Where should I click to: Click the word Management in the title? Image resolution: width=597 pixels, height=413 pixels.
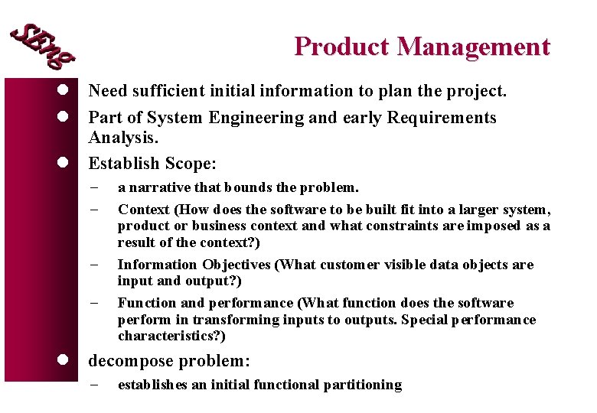(x=473, y=47)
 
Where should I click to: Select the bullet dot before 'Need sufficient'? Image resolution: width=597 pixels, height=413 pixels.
(x=65, y=91)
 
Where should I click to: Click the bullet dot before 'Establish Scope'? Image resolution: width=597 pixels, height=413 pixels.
(x=65, y=163)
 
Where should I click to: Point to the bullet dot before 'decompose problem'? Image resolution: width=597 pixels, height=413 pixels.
(x=65, y=360)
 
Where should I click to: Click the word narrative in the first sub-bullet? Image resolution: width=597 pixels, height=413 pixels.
(x=158, y=187)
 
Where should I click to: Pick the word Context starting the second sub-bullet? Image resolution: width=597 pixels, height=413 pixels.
(x=143, y=210)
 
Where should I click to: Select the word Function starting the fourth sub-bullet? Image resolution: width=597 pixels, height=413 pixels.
(x=145, y=303)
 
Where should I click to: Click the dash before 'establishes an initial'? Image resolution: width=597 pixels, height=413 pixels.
(x=94, y=385)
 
